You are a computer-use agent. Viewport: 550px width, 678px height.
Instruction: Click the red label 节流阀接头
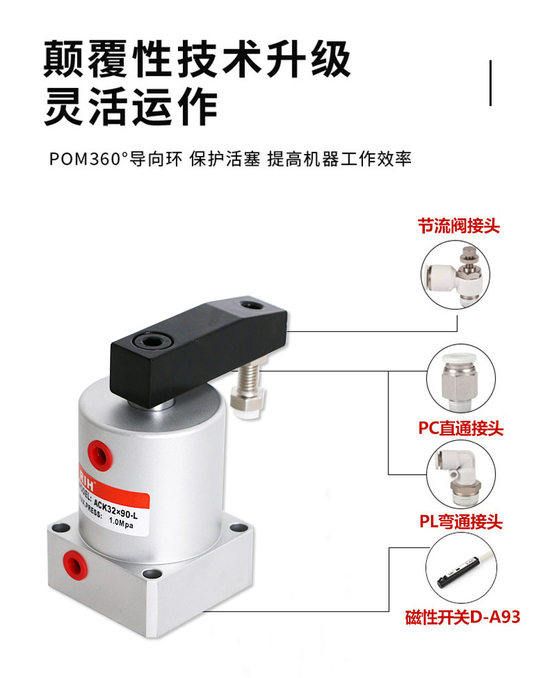(459, 225)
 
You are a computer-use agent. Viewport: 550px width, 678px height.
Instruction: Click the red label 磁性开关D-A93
(462, 617)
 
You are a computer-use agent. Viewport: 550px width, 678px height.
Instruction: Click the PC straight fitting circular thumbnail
(457, 381)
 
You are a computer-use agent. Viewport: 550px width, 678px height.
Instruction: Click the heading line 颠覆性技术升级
(197, 60)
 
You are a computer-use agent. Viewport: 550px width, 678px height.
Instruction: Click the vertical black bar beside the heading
(490, 83)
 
